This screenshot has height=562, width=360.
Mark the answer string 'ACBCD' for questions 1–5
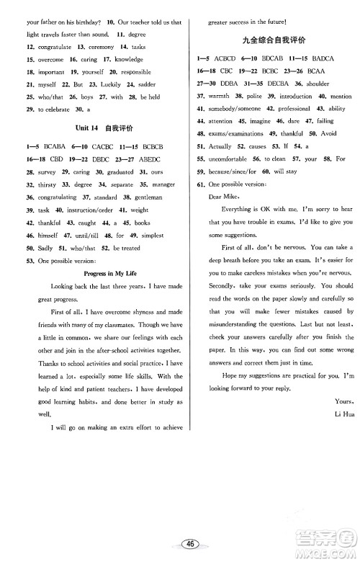point(228,58)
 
